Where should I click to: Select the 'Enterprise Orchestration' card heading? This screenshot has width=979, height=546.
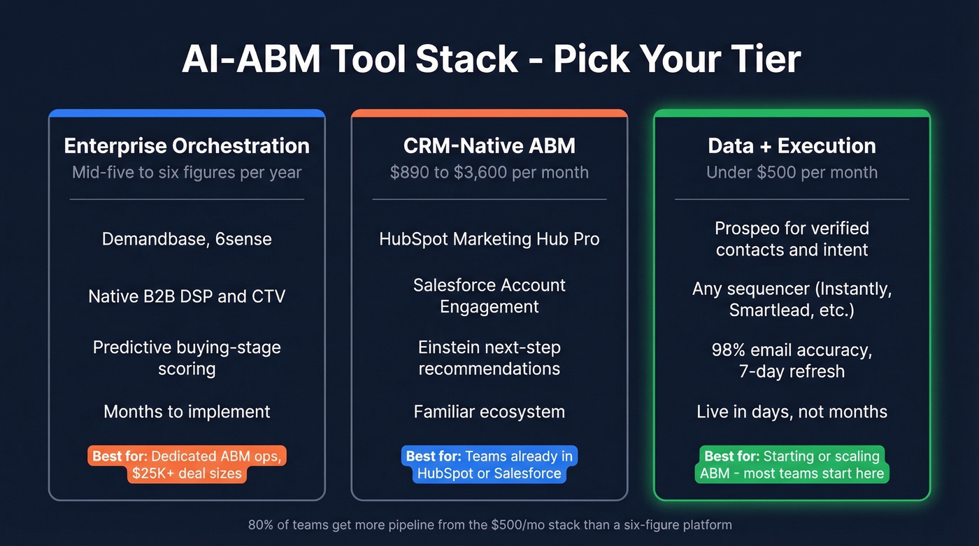[187, 145]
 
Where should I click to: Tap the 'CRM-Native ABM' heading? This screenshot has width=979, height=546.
[489, 145]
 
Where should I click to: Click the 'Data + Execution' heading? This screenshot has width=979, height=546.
[792, 145]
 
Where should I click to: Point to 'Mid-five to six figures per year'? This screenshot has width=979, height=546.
[187, 173]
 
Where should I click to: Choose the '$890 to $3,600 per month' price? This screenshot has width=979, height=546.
[489, 173]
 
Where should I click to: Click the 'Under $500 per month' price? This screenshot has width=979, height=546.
[792, 173]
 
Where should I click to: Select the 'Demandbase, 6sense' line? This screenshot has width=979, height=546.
[187, 239]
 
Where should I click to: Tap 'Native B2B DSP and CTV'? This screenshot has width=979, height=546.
[187, 296]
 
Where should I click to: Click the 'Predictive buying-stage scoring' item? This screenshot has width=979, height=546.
[187, 358]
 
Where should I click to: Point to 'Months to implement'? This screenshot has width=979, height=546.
[187, 412]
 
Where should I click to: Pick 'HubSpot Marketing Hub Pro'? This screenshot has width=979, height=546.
[489, 239]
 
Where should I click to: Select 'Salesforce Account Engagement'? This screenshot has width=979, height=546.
[489, 296]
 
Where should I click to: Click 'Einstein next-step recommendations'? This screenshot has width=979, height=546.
[489, 358]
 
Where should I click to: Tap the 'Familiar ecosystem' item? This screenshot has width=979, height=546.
[489, 412]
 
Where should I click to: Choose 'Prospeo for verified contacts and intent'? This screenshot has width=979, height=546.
[792, 239]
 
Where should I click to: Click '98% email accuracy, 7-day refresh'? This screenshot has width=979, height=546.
[792, 360]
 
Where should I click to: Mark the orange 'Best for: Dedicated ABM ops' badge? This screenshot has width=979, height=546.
[187, 465]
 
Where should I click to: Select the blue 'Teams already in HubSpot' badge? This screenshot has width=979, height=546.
[489, 465]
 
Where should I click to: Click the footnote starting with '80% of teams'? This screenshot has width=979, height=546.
[489, 524]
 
